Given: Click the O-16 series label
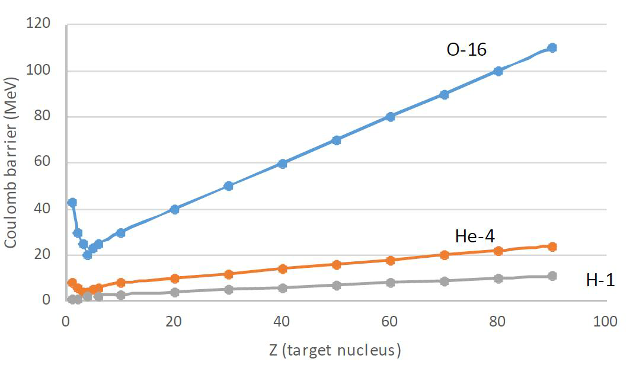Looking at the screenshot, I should [466, 50].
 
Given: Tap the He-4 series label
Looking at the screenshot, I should [475, 236].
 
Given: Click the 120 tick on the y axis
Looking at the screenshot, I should [40, 24].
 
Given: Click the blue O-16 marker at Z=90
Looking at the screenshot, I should [552, 47].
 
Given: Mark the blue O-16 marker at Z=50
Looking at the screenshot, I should [336, 140].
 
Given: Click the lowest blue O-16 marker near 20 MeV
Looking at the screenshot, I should [87, 255].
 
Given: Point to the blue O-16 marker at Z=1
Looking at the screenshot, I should [72, 203].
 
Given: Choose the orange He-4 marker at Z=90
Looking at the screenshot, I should [552, 246].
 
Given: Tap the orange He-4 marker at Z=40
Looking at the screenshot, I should [282, 268].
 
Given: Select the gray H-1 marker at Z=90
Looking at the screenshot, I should [552, 276].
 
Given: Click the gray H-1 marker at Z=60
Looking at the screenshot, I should [390, 283].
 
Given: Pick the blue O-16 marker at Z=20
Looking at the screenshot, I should [174, 209].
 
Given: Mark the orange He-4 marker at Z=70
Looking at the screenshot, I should [444, 255].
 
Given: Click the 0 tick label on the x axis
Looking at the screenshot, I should [66, 322].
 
